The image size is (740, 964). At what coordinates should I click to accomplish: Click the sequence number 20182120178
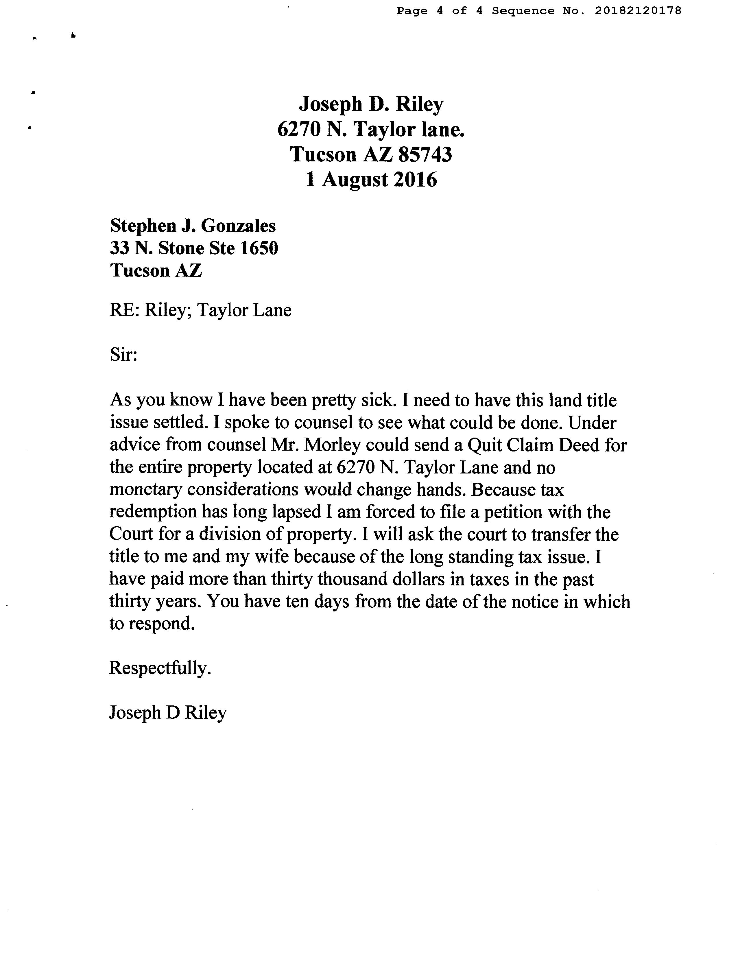tap(638, 11)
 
